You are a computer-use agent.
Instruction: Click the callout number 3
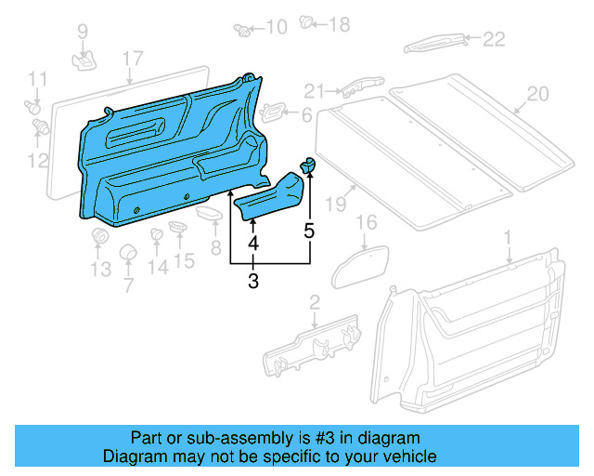click(x=252, y=282)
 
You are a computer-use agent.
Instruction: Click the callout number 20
click(x=537, y=94)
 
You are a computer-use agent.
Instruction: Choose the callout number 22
click(x=493, y=38)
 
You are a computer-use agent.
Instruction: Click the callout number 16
click(x=367, y=222)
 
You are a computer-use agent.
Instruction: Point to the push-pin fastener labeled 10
click(x=244, y=27)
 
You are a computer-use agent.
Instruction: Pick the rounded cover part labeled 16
click(x=364, y=256)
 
